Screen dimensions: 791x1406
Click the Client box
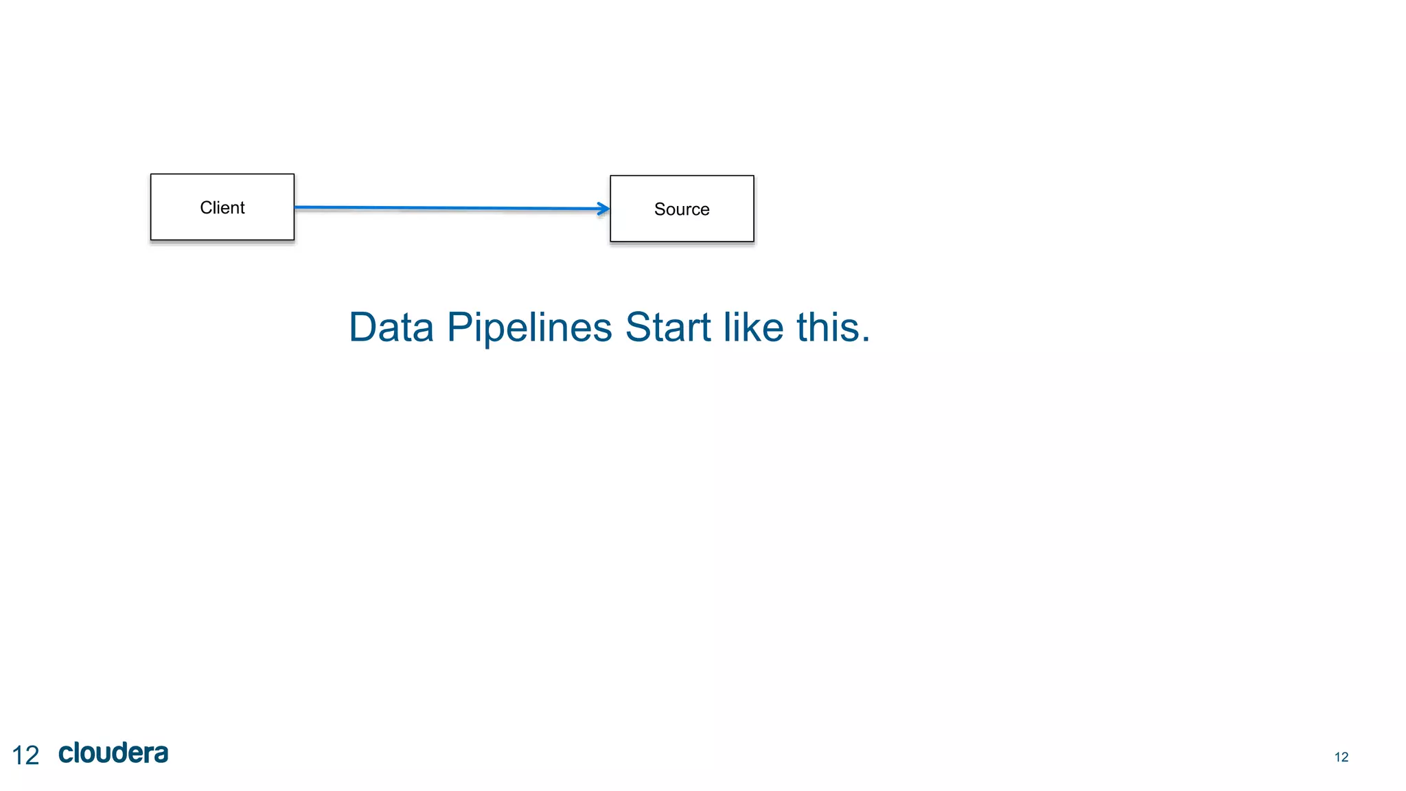222,207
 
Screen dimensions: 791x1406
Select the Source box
682,209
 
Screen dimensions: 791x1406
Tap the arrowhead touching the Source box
603,209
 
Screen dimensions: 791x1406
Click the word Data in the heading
391,328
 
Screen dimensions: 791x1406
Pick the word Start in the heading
667,328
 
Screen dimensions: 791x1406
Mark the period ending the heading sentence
866,339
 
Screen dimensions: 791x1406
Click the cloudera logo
113,753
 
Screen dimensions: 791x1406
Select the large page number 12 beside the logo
26,755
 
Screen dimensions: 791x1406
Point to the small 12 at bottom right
1341,757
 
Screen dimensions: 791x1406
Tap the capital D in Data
363,328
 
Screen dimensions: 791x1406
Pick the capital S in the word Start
638,328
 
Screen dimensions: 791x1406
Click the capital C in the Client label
205,207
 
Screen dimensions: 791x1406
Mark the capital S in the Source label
660,209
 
